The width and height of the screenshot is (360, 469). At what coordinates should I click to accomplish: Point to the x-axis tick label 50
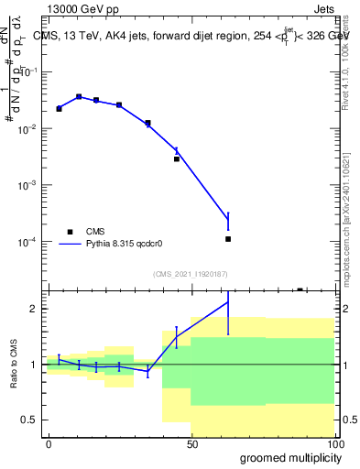click(191, 443)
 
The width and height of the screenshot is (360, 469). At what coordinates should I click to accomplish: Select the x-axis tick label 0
click(49, 443)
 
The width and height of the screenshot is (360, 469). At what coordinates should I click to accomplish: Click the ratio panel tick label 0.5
click(30, 420)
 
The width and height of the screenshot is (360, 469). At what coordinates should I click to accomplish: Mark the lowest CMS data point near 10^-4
click(228, 239)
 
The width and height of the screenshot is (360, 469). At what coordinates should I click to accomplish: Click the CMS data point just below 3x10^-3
click(177, 158)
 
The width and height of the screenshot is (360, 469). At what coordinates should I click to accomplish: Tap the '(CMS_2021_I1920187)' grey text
click(190, 274)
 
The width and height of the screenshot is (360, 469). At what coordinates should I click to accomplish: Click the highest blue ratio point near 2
click(228, 301)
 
